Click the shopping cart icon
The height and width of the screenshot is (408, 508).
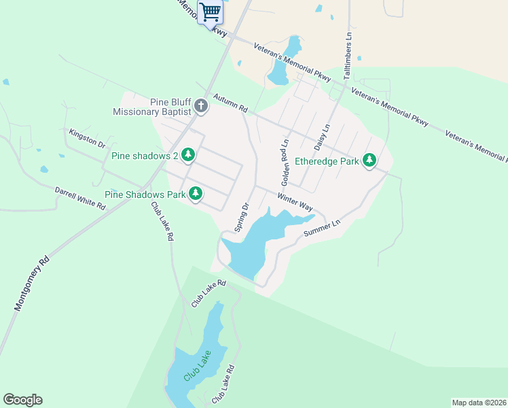pos(211,12)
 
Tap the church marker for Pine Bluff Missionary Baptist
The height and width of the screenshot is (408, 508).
pos(200,105)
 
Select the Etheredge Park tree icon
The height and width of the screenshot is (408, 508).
pos(369,160)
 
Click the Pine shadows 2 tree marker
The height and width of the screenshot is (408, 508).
pos(188,156)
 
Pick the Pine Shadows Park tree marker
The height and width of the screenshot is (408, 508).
pos(196,194)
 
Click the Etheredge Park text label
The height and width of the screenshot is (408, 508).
pos(327,162)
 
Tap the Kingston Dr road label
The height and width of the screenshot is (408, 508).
pos(88,139)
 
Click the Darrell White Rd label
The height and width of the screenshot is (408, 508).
pos(80,198)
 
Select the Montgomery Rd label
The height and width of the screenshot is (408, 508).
pos(33,284)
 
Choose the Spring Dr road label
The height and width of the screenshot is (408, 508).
pos(242,217)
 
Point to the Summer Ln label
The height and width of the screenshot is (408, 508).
pos(321,228)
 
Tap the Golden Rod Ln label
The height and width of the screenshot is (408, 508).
pos(285,163)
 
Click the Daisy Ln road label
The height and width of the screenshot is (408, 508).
pos(322,137)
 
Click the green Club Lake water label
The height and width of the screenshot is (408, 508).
pos(198,365)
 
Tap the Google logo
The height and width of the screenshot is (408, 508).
pos(22,400)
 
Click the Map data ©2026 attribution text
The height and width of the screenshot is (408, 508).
pos(479,402)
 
